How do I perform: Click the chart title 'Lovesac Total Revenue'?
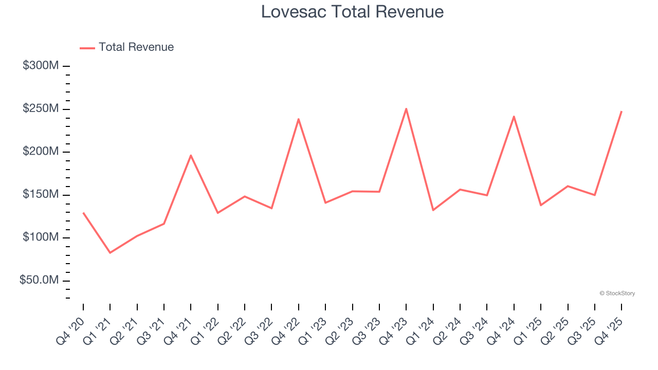(352, 11)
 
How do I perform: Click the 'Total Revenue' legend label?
(136, 47)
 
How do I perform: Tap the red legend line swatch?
(87, 48)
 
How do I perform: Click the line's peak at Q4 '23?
(406, 108)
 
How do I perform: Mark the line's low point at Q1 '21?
(110, 252)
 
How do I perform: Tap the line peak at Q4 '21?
(191, 155)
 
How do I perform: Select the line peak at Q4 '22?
(299, 119)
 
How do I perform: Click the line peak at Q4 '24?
(514, 117)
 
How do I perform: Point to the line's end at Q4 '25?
(622, 112)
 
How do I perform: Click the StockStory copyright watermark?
(617, 293)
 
